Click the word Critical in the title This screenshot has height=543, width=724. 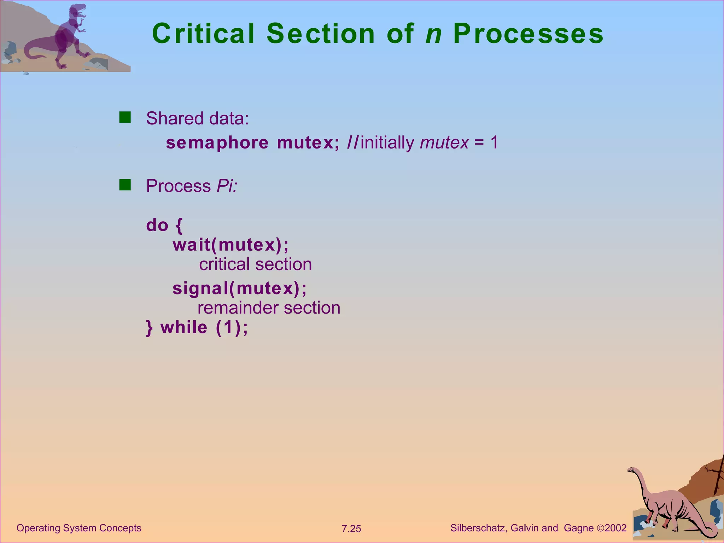pyautogui.click(x=203, y=34)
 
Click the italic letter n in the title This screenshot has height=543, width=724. pyautogui.click(x=434, y=34)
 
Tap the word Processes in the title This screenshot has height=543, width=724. pyautogui.click(x=528, y=34)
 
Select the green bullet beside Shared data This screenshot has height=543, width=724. pyautogui.click(x=125, y=117)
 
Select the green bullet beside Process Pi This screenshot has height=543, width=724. pyautogui.click(x=125, y=185)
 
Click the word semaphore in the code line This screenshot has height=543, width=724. pyautogui.click(x=217, y=143)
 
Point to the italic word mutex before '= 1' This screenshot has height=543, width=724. pyautogui.click(x=444, y=143)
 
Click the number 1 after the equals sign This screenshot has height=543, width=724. pyautogui.click(x=494, y=142)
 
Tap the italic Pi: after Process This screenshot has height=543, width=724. pyautogui.click(x=227, y=186)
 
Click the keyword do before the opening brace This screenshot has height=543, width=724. pyautogui.click(x=157, y=225)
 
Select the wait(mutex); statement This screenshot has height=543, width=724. pyautogui.click(x=230, y=245)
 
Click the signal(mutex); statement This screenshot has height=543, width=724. pyautogui.click(x=239, y=288)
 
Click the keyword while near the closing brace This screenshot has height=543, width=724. pyautogui.click(x=184, y=327)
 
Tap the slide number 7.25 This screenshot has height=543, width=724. pyautogui.click(x=351, y=529)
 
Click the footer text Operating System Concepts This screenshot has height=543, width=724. pyautogui.click(x=79, y=528)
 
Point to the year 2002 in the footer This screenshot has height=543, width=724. pyautogui.click(x=615, y=528)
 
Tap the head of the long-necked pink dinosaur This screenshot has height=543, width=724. pyautogui.click(x=631, y=470)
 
